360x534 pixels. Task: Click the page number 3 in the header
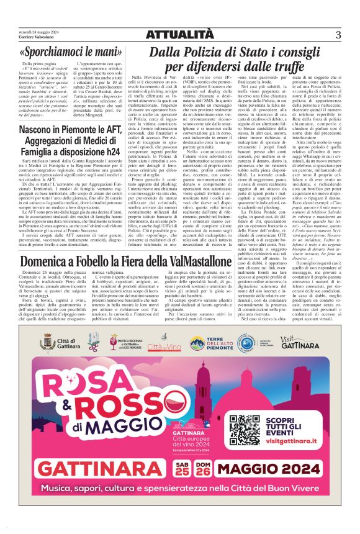coord(339,34)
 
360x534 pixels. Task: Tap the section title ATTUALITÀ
coord(180,34)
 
